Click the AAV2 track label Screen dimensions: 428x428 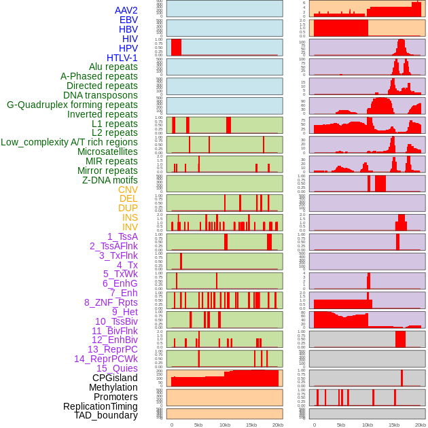click(126, 10)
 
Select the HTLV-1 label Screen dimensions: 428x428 click(122, 58)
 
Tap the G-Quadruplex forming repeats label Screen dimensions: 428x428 click(72, 105)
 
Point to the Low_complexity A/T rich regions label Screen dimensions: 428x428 click(69, 142)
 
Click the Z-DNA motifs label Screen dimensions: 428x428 click(109, 180)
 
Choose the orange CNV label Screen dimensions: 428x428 click(128, 190)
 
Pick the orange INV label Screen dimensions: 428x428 click(130, 227)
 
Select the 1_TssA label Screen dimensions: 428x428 click(122, 236)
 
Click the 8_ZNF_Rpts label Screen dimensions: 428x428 click(111, 302)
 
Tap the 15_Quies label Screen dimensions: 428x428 click(117, 368)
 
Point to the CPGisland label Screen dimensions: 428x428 click(115, 378)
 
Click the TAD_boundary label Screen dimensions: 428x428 click(106, 415)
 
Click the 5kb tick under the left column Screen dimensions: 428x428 click(198, 425)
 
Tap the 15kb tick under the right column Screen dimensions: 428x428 click(394, 425)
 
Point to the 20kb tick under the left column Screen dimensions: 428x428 click(277, 425)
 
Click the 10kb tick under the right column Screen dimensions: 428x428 click(368, 425)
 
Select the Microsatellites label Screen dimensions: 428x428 click(107, 151)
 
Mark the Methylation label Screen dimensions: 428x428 click(113, 387)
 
